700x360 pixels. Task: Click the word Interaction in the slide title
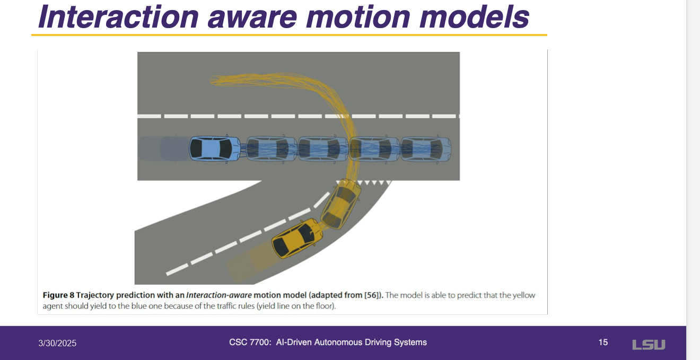click(x=118, y=16)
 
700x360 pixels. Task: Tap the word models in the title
click(x=475, y=16)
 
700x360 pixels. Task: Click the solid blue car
click(x=215, y=149)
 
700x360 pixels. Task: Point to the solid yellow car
click(x=297, y=239)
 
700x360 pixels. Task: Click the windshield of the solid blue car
click(x=225, y=149)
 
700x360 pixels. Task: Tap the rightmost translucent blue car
click(x=426, y=149)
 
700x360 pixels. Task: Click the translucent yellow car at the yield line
click(x=341, y=204)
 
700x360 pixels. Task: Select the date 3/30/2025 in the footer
click(x=57, y=343)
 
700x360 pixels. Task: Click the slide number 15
click(x=603, y=342)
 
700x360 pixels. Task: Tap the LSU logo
click(x=649, y=345)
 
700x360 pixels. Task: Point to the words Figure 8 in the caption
click(x=58, y=295)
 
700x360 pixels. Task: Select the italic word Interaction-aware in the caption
click(x=218, y=295)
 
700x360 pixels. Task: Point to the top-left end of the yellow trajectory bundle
click(x=212, y=80)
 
